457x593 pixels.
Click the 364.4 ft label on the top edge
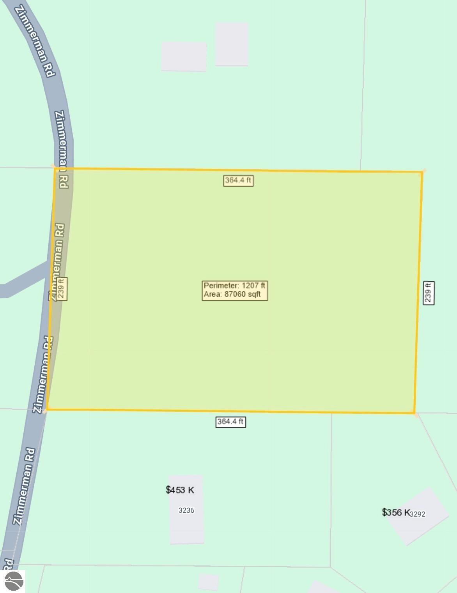tap(238, 180)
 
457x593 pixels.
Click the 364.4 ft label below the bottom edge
tap(230, 422)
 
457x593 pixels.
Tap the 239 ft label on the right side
tap(429, 293)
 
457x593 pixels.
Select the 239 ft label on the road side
tap(62, 289)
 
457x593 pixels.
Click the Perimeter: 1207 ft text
tap(234, 286)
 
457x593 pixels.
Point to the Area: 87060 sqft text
tap(232, 295)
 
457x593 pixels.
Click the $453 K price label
tap(180, 490)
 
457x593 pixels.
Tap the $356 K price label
tap(395, 512)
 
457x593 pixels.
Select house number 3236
tap(186, 510)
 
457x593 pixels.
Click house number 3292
tap(418, 514)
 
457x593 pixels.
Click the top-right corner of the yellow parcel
tap(422, 172)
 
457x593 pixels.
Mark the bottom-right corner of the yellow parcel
tap(414, 413)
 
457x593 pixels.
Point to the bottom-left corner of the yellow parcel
tap(47, 409)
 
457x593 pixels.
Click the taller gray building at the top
tap(232, 44)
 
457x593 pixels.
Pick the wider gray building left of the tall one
tap(184, 56)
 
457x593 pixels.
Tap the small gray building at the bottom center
tap(208, 582)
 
